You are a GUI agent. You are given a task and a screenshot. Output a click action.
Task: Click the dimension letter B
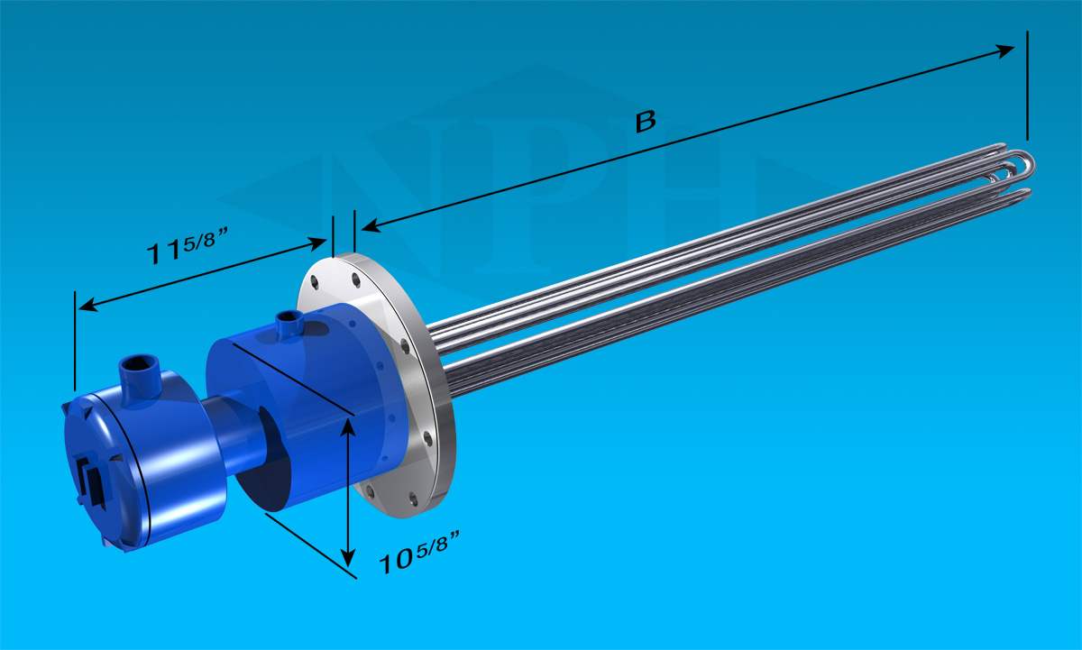(x=646, y=122)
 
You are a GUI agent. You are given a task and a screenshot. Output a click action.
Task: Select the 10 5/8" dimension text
(x=418, y=552)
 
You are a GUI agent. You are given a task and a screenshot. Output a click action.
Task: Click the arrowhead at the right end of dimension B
(x=1005, y=50)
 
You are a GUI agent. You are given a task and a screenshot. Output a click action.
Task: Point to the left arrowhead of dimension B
(x=371, y=225)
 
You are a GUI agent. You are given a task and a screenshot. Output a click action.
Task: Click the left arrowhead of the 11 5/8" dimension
(x=88, y=306)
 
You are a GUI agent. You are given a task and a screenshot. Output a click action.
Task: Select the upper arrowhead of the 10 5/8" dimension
(x=348, y=428)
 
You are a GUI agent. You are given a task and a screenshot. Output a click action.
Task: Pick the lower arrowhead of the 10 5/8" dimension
(x=348, y=558)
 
